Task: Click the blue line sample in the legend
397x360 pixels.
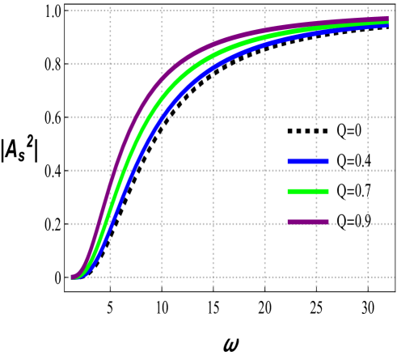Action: (308, 162)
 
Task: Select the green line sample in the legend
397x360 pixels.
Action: (308, 192)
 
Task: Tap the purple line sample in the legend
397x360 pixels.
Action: (308, 222)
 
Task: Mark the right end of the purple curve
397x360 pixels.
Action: (388, 19)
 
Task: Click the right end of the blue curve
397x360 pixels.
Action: (388, 25)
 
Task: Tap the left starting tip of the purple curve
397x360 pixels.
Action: (72, 277)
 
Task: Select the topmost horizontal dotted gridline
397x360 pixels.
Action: (243, 11)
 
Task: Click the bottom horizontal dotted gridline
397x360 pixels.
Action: (243, 277)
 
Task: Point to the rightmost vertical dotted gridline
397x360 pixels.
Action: (367, 162)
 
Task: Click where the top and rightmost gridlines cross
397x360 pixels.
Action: (367, 11)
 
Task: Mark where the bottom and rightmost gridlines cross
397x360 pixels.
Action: (367, 277)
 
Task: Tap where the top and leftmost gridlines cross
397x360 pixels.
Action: (110, 11)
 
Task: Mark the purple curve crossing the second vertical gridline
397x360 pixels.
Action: (162, 78)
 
